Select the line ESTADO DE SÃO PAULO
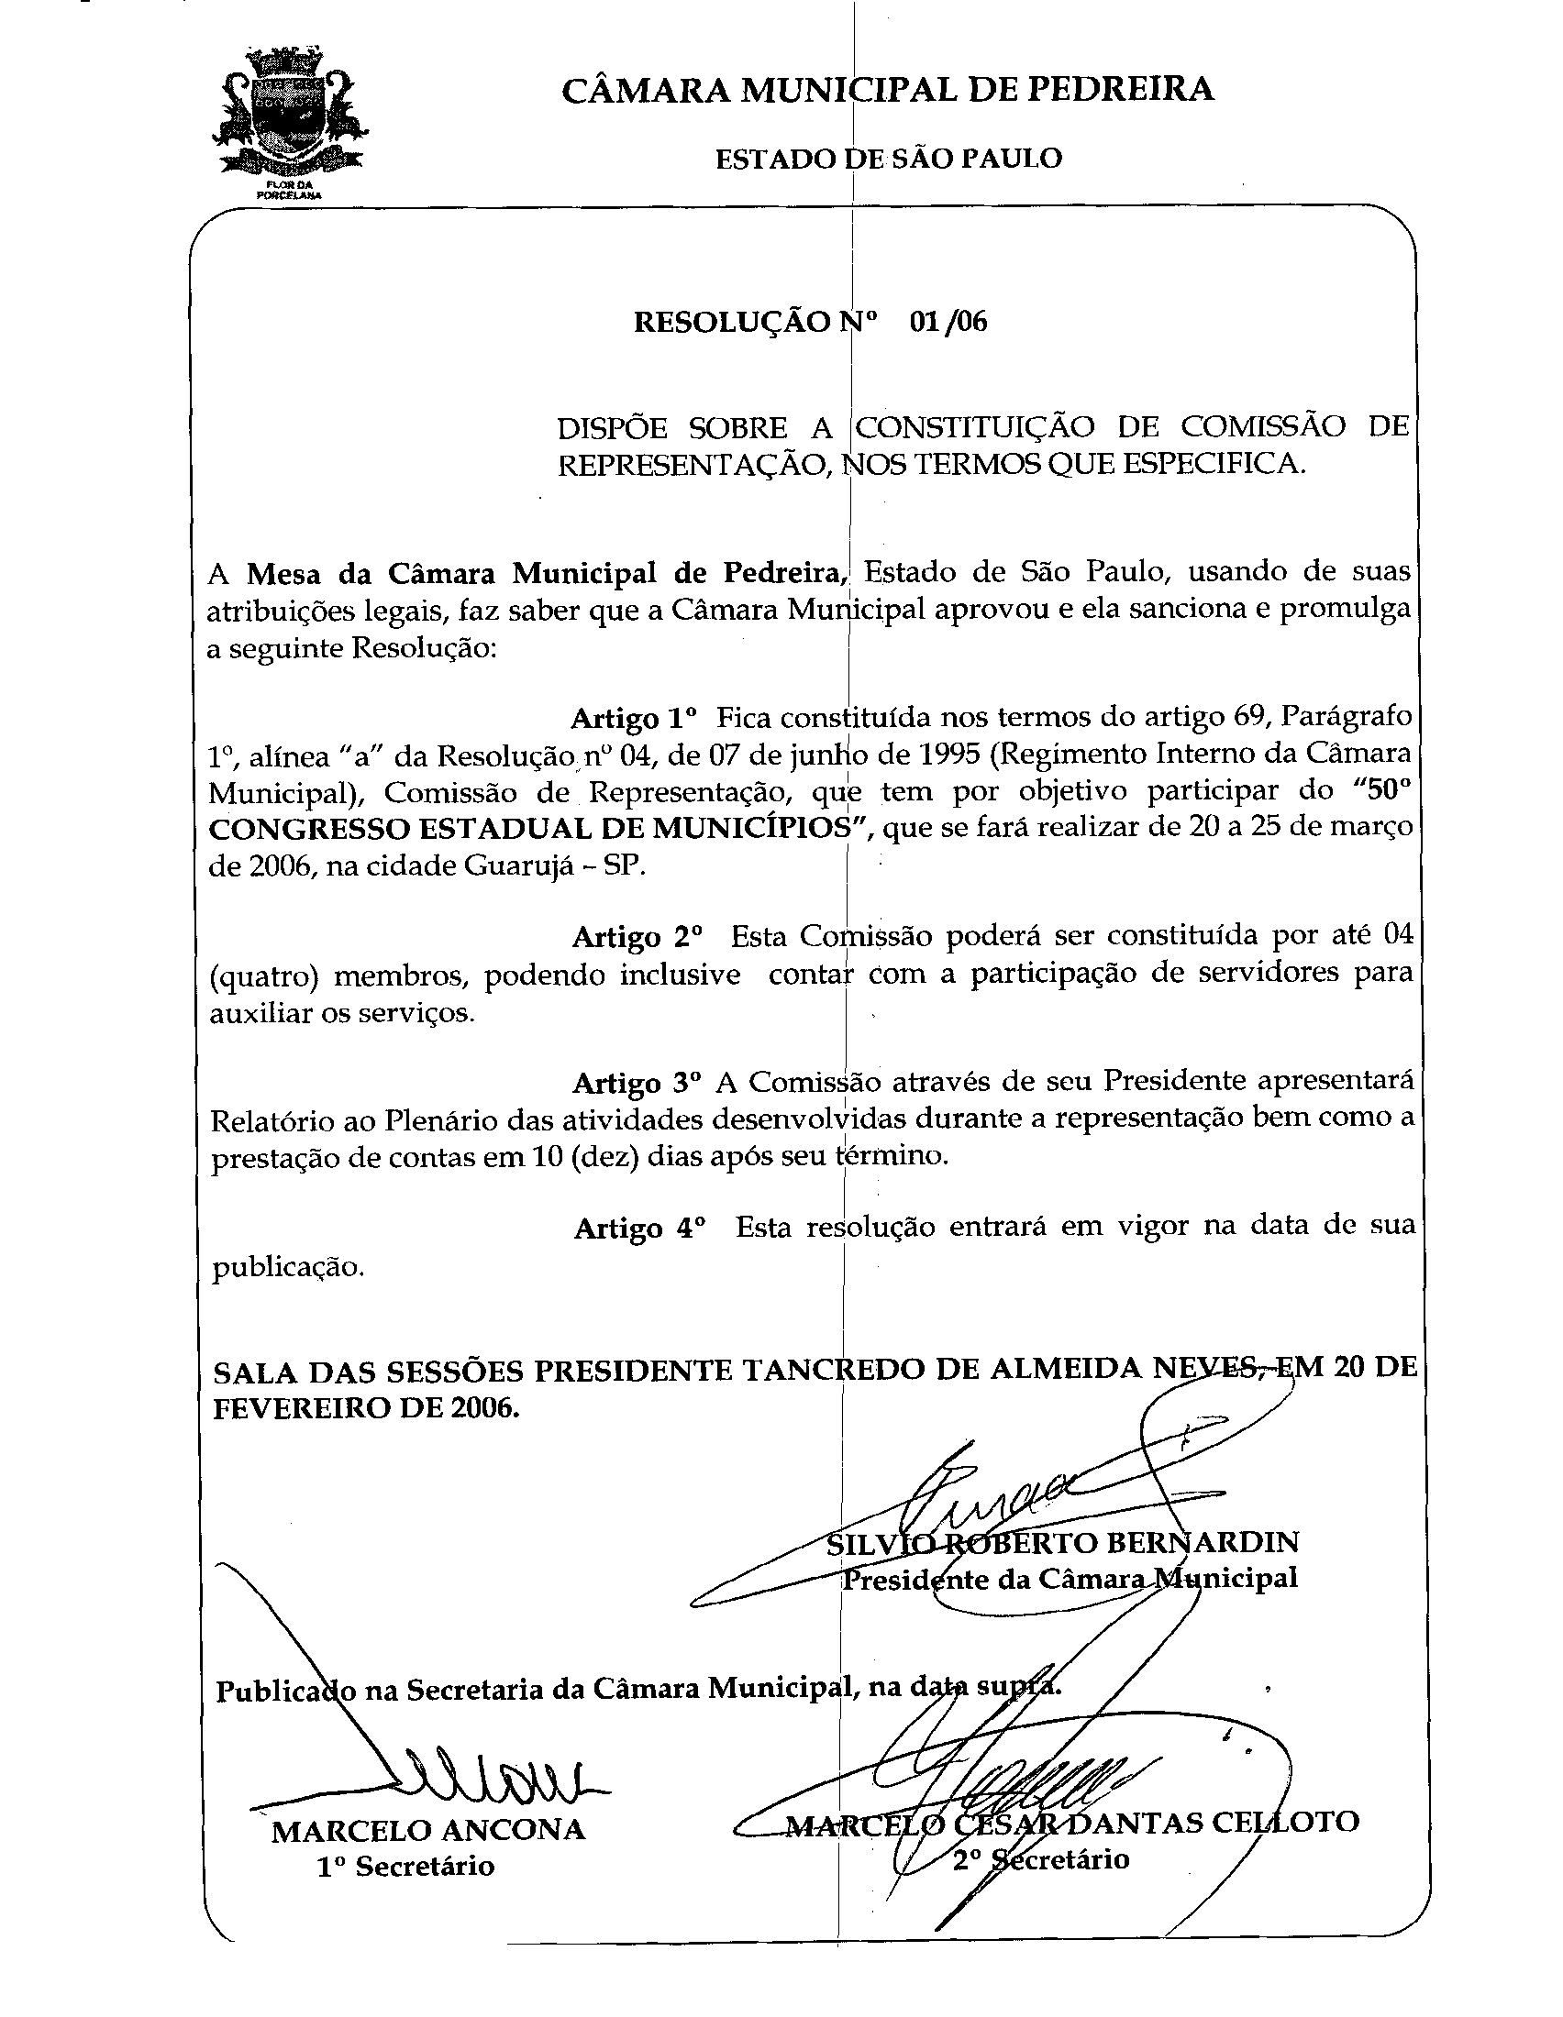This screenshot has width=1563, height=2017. click(889, 158)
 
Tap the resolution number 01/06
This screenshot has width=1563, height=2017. click(948, 322)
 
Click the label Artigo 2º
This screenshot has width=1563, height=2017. click(637, 936)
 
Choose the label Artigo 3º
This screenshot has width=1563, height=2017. click(637, 1082)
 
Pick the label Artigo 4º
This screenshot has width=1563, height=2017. click(639, 1229)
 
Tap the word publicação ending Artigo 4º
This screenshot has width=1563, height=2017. click(288, 1268)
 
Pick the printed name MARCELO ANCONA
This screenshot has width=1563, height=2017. click(427, 1830)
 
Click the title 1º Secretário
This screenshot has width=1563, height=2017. click(405, 1867)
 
